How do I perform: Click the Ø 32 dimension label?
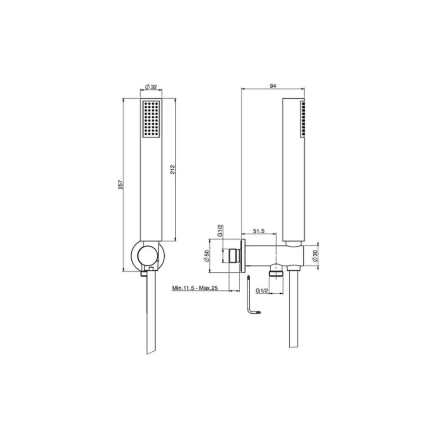tap(151, 87)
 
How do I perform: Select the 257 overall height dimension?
tap(120, 185)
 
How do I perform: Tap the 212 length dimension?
tap(173, 170)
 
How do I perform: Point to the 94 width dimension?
tap(273, 86)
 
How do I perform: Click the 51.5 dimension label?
tap(259, 231)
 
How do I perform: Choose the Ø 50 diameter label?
tap(206, 256)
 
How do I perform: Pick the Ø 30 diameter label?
tap(315, 256)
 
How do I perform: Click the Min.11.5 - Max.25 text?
tap(195, 288)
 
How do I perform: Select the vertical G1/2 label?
tap(220, 230)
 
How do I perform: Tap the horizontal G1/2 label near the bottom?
tap(262, 290)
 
